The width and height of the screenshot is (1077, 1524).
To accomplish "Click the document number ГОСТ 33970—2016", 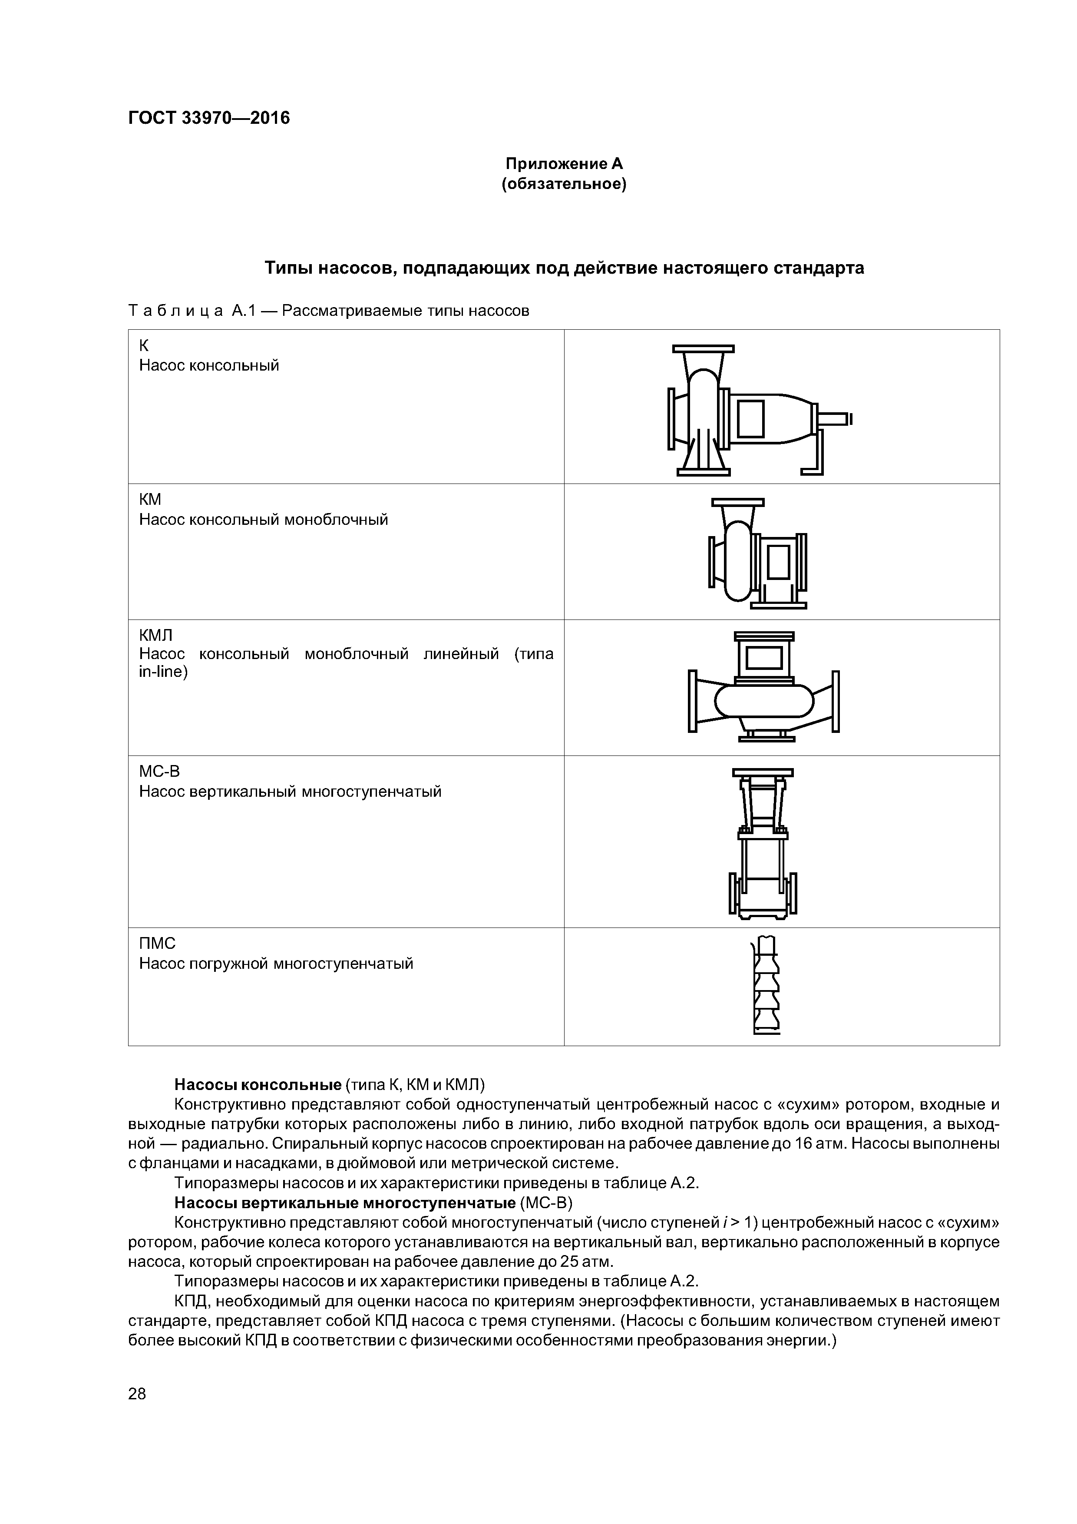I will (209, 118).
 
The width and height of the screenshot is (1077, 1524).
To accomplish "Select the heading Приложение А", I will (564, 163).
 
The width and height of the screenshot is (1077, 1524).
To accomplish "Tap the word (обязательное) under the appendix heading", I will (564, 184).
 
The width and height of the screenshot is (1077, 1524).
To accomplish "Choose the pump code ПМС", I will (157, 943).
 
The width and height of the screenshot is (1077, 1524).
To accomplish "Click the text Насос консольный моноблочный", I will (264, 520).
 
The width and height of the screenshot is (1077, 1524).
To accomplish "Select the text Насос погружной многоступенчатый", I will (276, 963).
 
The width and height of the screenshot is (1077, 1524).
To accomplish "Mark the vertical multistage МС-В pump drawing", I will (763, 843).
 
